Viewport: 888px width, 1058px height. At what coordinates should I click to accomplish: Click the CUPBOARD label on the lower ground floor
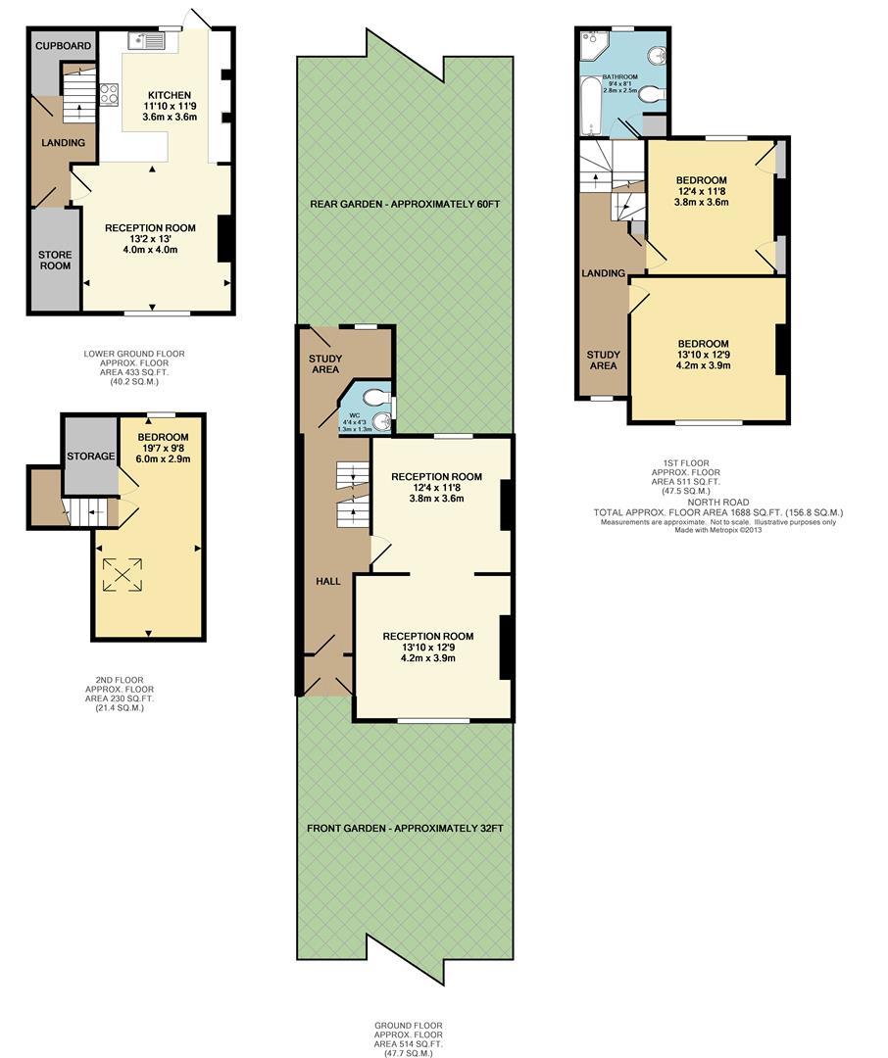(63, 46)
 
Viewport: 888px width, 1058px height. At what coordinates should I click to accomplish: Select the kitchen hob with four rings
(110, 94)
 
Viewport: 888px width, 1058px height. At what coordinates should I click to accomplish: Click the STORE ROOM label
(55, 260)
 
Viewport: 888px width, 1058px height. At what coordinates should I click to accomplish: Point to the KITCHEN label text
(170, 95)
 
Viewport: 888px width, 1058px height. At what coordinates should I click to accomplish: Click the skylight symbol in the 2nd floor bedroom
(123, 575)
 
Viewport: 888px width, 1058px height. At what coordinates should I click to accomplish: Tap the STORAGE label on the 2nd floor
(90, 457)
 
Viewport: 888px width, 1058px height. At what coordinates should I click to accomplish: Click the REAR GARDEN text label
(405, 204)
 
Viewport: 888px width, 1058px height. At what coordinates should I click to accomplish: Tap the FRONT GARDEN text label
(405, 828)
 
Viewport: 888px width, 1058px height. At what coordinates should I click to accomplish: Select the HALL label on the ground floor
(328, 581)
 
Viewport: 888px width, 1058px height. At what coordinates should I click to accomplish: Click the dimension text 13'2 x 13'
(151, 239)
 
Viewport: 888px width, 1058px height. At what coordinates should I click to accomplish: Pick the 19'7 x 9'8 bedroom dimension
(163, 448)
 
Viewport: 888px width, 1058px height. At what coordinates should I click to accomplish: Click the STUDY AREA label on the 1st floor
(603, 360)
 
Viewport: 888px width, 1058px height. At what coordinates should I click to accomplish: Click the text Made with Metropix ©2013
(717, 530)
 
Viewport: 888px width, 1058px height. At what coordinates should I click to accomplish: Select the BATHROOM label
(619, 77)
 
